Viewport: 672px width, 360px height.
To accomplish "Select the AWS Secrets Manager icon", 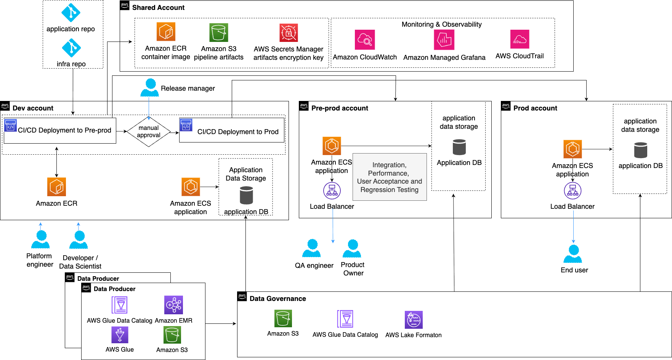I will coord(289,33).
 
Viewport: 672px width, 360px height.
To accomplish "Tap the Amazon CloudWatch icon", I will coord(365,40).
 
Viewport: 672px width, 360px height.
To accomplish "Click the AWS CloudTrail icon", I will coord(520,39).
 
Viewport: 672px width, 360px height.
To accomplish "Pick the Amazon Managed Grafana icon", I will coord(444,40).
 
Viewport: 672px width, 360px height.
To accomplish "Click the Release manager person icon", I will coord(150,87).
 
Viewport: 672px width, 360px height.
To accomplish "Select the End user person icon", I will coord(573,254).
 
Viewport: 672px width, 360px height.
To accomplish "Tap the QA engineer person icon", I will coord(311,248).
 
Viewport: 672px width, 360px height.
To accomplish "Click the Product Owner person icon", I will coord(352,248).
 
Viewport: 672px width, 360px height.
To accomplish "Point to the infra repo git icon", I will coord(71,48).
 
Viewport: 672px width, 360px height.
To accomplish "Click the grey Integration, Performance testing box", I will coord(389,177).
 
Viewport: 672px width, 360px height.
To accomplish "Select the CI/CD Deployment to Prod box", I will coord(232,130).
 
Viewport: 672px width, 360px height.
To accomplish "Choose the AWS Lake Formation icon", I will coord(414,319).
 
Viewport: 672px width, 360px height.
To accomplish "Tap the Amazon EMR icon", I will coord(173,305).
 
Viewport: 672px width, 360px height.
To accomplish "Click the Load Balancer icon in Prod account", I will coord(573,191).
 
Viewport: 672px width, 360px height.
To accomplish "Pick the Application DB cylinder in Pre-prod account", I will coord(459,147).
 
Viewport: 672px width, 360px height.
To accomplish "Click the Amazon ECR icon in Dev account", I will coord(56,187).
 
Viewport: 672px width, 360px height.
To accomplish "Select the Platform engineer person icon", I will coord(40,240).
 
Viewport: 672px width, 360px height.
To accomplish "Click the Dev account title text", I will coord(33,108).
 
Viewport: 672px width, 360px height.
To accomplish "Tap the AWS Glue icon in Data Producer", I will coord(120,335).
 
